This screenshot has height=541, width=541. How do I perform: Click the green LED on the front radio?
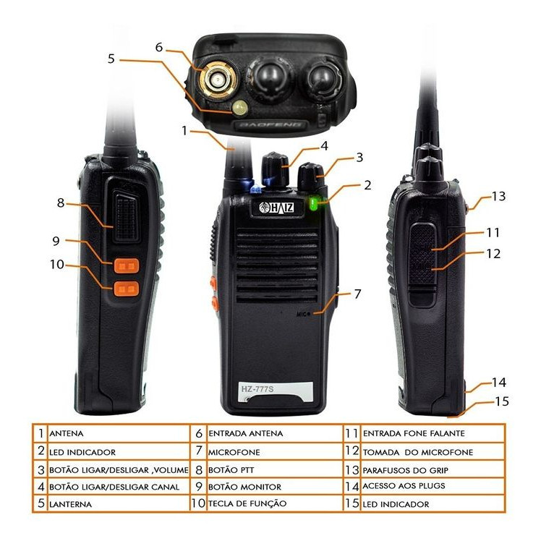tap(314, 203)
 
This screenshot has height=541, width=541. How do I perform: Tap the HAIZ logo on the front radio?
tap(276, 207)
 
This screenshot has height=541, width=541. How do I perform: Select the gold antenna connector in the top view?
tap(218, 80)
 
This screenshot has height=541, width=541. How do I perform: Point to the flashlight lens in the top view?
tap(240, 108)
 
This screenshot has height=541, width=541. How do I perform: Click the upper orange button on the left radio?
tap(127, 265)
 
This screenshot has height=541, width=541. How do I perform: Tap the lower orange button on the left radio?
tap(127, 289)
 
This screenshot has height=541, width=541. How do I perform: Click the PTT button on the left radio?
tap(127, 216)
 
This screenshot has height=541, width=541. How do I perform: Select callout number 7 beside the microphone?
tap(357, 294)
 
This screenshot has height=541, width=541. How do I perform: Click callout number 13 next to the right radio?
tap(498, 196)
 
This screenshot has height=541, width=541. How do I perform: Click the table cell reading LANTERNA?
tap(70, 504)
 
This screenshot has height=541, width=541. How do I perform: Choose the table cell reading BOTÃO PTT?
tap(231, 470)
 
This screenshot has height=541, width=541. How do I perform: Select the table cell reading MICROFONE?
tap(234, 452)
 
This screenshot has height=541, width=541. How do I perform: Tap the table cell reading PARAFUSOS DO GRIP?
tap(406, 470)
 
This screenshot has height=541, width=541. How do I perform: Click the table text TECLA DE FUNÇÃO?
tap(247, 503)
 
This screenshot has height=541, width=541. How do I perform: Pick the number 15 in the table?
tap(352, 503)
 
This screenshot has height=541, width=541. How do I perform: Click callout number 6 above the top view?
tap(158, 47)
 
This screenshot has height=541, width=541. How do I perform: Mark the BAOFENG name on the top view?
tap(270, 124)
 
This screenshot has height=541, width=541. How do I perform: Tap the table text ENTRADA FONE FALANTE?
tap(414, 433)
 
